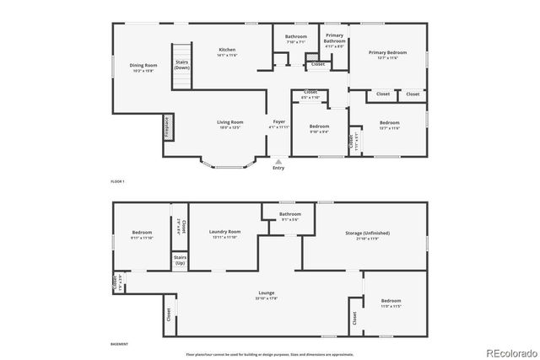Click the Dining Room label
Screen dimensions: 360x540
pyautogui.click(x=143, y=67)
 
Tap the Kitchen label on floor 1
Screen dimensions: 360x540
pyautogui.click(x=227, y=51)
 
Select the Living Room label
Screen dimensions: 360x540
pyautogui.click(x=230, y=124)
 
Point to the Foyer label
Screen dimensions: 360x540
pyautogui.click(x=278, y=124)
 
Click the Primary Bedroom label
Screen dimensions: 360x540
pyautogui.click(x=387, y=54)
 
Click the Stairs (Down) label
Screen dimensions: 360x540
pyautogui.click(x=181, y=64)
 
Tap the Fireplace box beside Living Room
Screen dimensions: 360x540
pyautogui.click(x=167, y=127)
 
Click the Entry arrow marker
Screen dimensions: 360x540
pyautogui.click(x=278, y=160)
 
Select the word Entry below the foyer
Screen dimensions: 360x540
pyautogui.click(x=278, y=168)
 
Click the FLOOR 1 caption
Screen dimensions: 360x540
pyautogui.click(x=118, y=182)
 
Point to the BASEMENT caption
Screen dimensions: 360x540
pyautogui.click(x=119, y=344)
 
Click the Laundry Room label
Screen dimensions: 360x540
pyautogui.click(x=224, y=234)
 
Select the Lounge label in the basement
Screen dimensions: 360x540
pyautogui.click(x=267, y=294)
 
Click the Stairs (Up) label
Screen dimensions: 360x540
pyautogui.click(x=180, y=261)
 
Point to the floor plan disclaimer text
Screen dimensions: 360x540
pyautogui.click(x=270, y=354)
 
